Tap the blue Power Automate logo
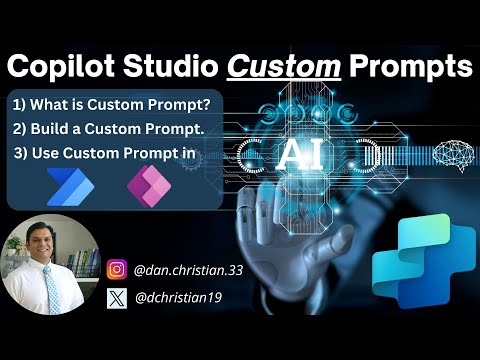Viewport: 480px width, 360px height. (68, 186)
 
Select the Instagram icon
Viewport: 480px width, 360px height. (117, 269)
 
